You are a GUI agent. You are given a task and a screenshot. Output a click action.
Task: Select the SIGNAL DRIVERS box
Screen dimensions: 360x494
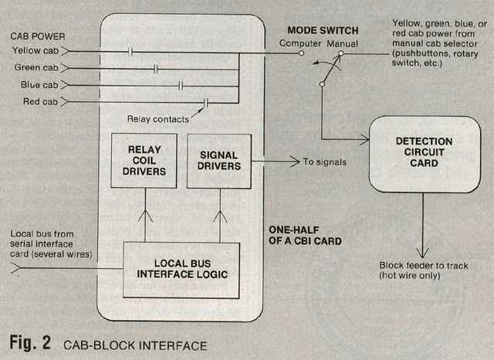point(219,160)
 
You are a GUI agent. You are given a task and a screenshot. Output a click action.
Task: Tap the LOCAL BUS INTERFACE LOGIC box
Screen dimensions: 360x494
point(181,270)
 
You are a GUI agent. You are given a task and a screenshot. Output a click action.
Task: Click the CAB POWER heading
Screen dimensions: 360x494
point(38,36)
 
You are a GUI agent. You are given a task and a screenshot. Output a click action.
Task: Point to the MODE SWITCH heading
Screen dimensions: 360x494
point(322,30)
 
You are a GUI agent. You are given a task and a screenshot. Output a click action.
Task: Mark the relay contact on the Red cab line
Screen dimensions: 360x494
point(205,101)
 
